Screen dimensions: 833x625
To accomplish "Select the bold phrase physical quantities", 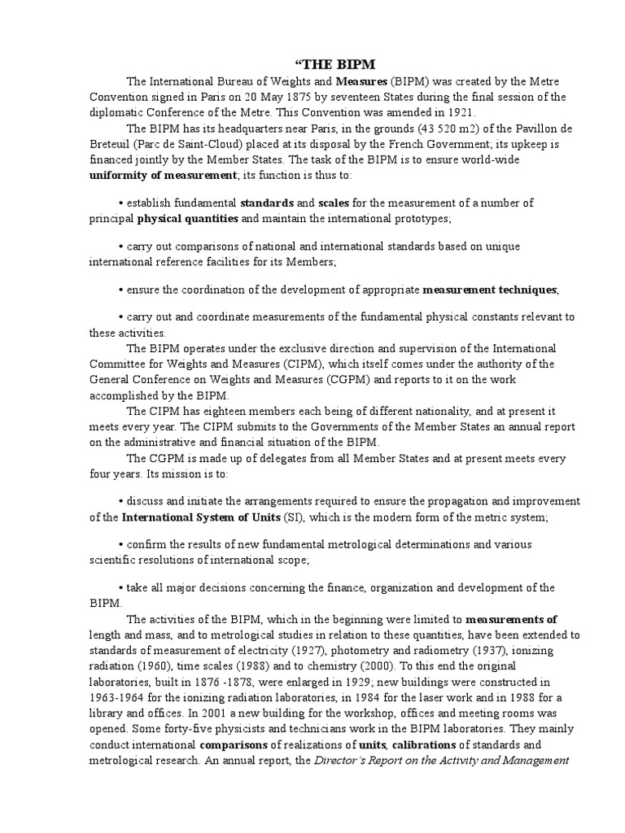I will coord(187,218).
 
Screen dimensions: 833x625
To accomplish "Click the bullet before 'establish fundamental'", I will coord(120,203).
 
